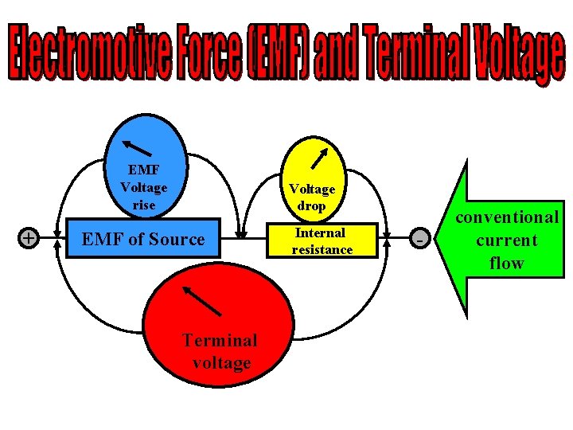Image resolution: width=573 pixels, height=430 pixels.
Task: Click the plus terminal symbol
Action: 29,237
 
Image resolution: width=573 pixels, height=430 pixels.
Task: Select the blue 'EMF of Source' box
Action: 143,238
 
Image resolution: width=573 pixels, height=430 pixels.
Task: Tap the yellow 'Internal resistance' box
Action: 322,241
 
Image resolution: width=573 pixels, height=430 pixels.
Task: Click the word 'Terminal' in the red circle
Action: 220,340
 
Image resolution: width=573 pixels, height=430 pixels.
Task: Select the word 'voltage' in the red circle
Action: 221,363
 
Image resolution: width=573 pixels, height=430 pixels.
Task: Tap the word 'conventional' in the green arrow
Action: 507,217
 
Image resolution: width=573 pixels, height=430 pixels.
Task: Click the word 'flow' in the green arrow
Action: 507,263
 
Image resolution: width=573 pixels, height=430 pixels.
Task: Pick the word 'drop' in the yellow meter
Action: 312,205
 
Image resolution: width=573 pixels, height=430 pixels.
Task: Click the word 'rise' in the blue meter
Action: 144,205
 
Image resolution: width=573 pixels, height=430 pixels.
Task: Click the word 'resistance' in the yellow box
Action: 322,250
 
